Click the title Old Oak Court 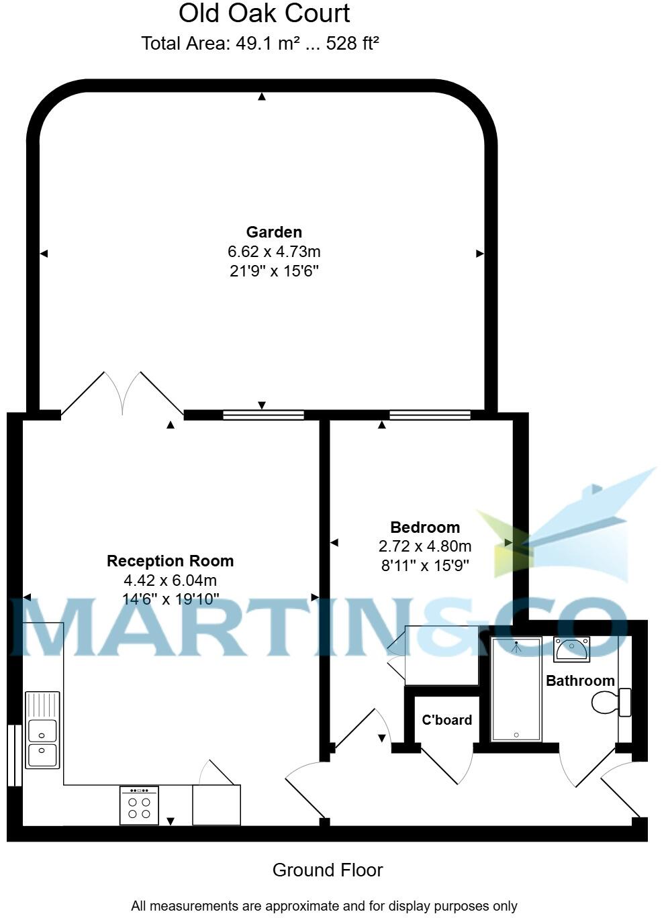point(265,13)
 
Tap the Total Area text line point(260,44)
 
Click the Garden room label point(274,232)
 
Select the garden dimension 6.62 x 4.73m point(274,252)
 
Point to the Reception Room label point(171,561)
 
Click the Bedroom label point(425,527)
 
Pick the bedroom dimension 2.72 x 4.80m point(425,546)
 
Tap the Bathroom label point(580,681)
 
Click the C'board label point(446,720)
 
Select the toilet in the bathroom point(611,703)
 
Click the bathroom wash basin point(571,650)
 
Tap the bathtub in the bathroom point(516,689)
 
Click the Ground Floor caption point(328,870)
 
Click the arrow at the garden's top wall point(262,97)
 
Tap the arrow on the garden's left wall point(44,254)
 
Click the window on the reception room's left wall point(11,755)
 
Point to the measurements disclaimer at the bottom point(324,906)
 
